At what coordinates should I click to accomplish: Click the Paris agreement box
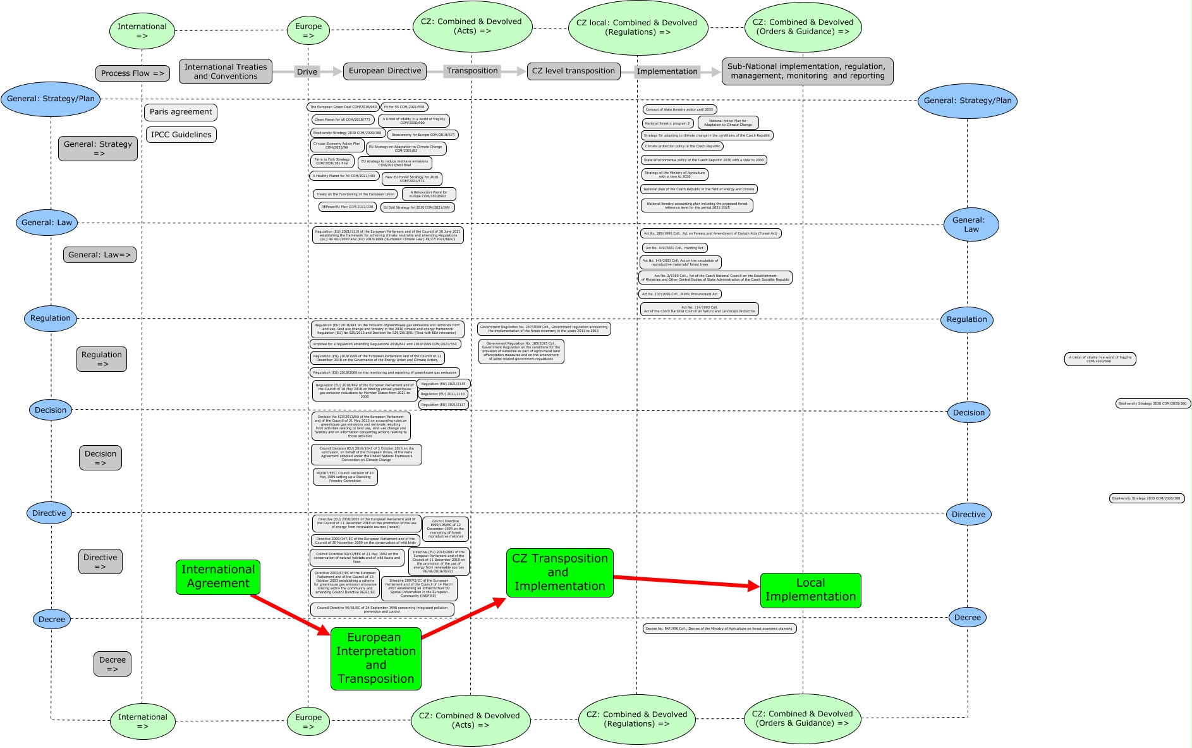coord(181,112)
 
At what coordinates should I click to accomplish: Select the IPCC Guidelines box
coord(181,135)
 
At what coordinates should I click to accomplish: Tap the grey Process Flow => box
coord(132,73)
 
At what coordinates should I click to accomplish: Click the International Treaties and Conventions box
coord(226,71)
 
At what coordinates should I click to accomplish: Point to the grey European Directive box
coord(385,71)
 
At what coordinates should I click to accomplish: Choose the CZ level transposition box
coord(573,71)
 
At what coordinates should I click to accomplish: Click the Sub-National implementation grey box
coord(807,71)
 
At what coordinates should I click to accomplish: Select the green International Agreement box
coord(218,577)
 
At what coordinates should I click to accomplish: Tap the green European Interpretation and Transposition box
coord(375,658)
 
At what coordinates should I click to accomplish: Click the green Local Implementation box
coord(810,590)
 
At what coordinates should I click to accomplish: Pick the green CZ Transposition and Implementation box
coord(559,572)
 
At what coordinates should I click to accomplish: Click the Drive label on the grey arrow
coord(307,71)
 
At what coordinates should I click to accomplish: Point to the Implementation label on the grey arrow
coord(667,71)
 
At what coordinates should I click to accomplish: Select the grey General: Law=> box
coord(99,255)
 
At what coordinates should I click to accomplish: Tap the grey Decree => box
coord(113,664)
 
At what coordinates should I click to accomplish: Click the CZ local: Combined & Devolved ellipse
coord(636,28)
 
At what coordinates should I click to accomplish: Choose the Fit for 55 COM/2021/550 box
coord(404,107)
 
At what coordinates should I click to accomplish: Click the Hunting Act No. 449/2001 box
coord(674,248)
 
